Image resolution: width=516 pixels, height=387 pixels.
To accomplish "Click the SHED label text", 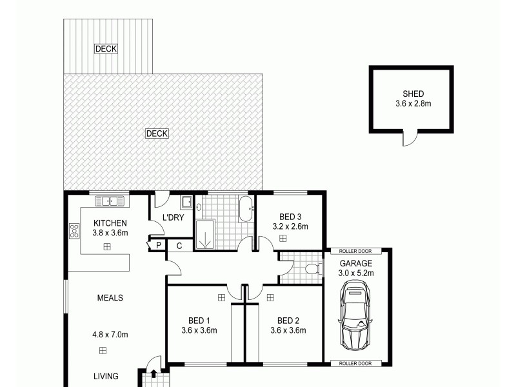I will tap(413, 94).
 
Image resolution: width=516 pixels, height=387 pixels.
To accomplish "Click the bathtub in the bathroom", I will tap(246, 210).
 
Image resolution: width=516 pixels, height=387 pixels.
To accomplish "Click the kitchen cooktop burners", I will tap(74, 230).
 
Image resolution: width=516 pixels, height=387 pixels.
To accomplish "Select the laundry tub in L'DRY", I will tap(186, 203).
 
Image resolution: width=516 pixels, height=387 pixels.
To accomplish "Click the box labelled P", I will tap(157, 245).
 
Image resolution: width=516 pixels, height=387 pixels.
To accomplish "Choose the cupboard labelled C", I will tap(180, 245).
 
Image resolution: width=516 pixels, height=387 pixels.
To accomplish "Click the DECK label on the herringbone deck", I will tap(157, 134).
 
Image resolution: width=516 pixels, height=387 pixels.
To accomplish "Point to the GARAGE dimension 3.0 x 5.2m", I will tap(357, 273).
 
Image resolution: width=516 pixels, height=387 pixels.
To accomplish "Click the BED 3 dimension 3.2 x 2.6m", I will tap(290, 226).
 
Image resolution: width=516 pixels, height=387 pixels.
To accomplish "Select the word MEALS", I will tap(110, 298).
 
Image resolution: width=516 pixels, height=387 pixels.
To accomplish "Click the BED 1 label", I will tap(199, 321).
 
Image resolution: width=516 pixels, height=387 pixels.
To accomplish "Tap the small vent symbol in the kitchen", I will tap(107, 246).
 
